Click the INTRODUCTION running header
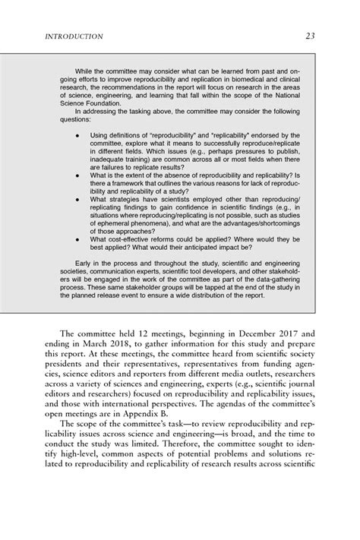(x=75, y=36)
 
